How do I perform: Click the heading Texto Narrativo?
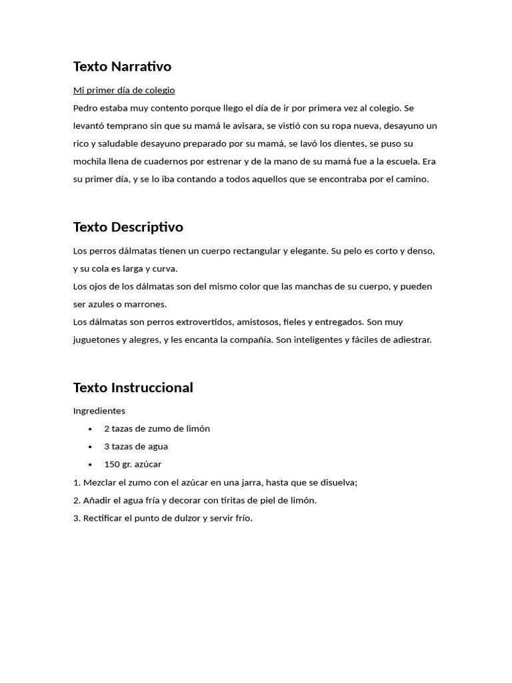click(122, 66)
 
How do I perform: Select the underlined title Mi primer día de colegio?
click(124, 90)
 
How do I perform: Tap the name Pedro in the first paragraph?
click(85, 108)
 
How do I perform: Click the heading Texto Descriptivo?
click(128, 227)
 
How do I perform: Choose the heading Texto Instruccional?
click(133, 388)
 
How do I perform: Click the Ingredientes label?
click(99, 411)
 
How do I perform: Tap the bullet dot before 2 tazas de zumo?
click(91, 429)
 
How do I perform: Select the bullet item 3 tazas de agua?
click(136, 447)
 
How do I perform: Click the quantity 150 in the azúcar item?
click(111, 464)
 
